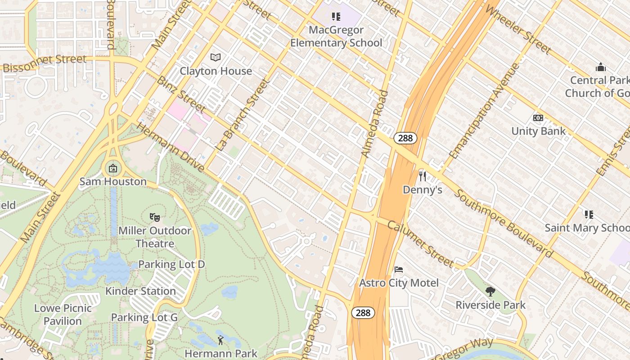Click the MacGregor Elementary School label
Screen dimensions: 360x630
tap(336, 36)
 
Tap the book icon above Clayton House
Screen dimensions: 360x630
tap(216, 57)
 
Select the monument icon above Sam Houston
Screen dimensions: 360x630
tap(112, 169)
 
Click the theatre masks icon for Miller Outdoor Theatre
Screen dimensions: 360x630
tap(155, 217)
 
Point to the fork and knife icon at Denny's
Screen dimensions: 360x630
tap(422, 176)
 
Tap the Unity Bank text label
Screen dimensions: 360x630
tap(538, 131)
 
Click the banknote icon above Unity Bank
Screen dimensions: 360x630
tap(538, 118)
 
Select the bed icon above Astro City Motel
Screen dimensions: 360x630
tap(398, 270)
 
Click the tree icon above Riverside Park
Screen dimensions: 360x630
tap(490, 292)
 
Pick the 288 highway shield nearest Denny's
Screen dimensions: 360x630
tap(405, 138)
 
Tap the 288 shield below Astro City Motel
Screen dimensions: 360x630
tap(363, 313)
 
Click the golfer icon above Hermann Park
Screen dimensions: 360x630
tap(220, 340)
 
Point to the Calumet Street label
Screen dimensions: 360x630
tap(421, 243)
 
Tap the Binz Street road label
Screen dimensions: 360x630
tap(181, 94)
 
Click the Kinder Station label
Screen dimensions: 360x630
tap(140, 291)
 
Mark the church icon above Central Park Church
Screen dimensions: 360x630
tap(600, 67)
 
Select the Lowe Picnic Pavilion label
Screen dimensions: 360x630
tap(63, 315)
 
